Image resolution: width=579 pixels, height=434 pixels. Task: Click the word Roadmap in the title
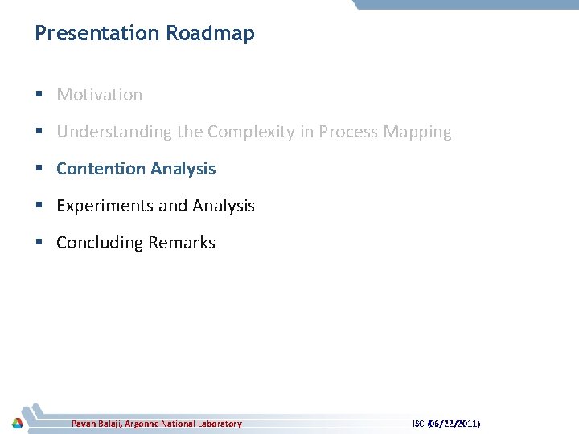pyautogui.click(x=210, y=34)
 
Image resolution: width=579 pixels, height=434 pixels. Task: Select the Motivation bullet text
pyautogui.click(x=100, y=95)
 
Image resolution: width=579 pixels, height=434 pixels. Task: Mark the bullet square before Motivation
pyautogui.click(x=39, y=96)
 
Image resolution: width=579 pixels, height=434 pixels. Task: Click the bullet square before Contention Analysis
pyautogui.click(x=39, y=170)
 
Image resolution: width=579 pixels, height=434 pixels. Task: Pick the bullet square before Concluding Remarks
pyautogui.click(x=39, y=244)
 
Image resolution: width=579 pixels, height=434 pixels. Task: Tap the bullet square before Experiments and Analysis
pyautogui.click(x=39, y=207)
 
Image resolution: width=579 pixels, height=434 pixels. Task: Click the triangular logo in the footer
pyautogui.click(x=17, y=423)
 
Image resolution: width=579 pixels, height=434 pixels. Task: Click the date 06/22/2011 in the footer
pyautogui.click(x=454, y=424)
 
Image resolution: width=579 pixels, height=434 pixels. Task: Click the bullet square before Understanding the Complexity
pyautogui.click(x=39, y=133)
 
